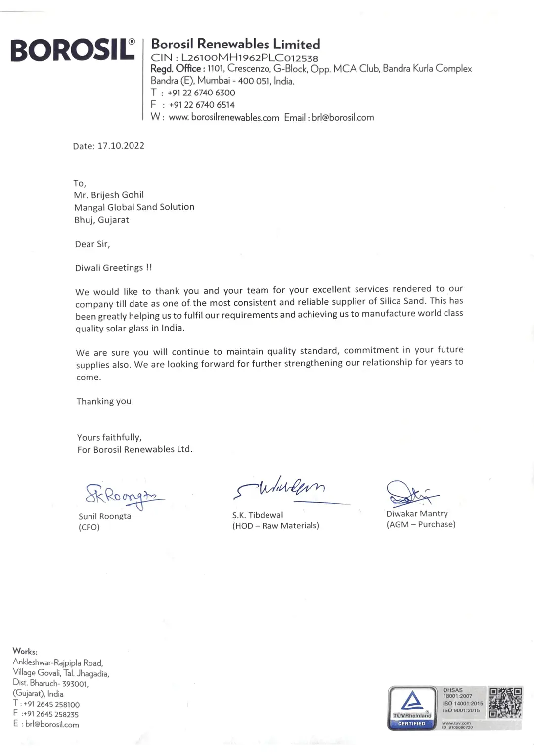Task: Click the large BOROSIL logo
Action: [73, 50]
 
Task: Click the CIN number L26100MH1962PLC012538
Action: [249, 57]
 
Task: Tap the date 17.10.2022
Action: [121, 146]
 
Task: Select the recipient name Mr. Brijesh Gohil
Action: [109, 195]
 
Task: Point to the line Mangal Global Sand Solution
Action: [134, 207]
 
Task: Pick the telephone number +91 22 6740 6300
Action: [201, 93]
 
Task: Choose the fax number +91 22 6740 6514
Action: [202, 105]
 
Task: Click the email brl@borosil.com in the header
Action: [343, 118]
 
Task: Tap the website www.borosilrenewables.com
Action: [224, 118]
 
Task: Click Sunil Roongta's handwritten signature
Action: [124, 495]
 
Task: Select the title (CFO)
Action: [89, 527]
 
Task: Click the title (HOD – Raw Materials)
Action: [276, 526]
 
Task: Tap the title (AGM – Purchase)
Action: [421, 524]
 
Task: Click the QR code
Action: [505, 703]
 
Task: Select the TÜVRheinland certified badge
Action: [412, 708]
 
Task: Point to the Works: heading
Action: [25, 651]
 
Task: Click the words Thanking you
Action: [104, 401]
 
